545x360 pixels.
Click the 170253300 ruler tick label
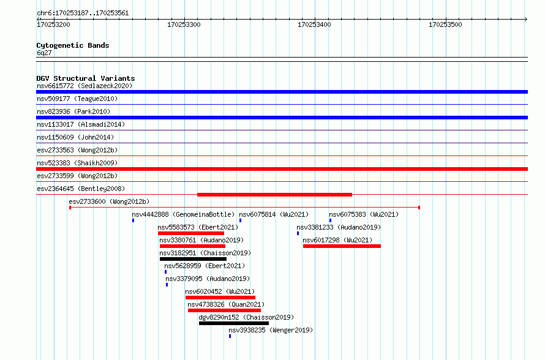[x=184, y=24]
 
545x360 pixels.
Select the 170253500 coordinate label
[x=445, y=24]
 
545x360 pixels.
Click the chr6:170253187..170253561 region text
[x=83, y=13]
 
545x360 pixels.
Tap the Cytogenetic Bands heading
[x=73, y=45]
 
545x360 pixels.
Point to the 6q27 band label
[x=44, y=53]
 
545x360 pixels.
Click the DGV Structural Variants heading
[x=86, y=78]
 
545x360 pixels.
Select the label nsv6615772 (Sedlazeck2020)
[x=85, y=86]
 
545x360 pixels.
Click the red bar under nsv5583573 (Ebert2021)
[x=191, y=233]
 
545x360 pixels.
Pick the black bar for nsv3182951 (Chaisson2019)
[x=193, y=259]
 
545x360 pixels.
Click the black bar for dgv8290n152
[x=233, y=323]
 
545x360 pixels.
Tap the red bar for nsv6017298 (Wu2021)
[x=342, y=246]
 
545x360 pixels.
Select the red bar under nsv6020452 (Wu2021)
[x=220, y=298]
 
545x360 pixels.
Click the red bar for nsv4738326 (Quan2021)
[x=224, y=310]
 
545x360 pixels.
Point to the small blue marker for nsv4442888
[x=133, y=220]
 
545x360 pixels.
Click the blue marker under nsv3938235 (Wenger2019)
[x=230, y=336]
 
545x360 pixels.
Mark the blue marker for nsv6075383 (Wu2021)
[x=330, y=220]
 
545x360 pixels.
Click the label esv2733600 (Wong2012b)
[x=109, y=201]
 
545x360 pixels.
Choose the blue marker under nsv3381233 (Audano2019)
[x=298, y=233]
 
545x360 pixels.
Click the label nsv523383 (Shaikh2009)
[x=77, y=163]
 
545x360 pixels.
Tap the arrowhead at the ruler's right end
[x=526, y=19]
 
